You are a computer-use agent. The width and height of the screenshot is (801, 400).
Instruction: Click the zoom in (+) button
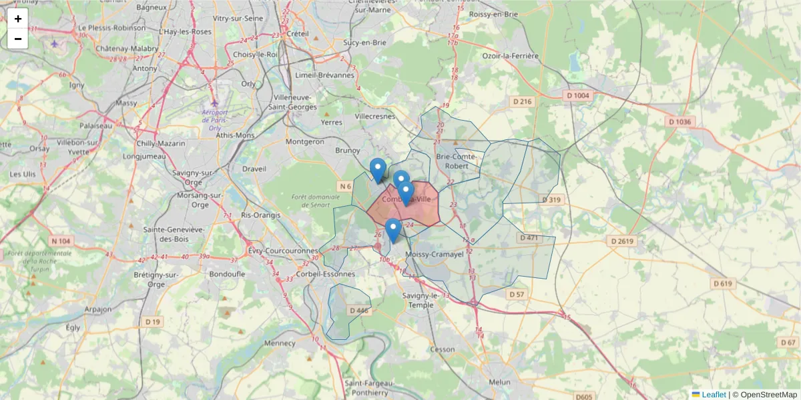pos(17,19)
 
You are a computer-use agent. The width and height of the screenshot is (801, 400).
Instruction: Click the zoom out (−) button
pos(17,39)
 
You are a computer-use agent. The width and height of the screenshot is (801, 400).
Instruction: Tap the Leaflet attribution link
pos(713,395)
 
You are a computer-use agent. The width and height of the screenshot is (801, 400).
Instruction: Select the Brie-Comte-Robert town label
pos(457,161)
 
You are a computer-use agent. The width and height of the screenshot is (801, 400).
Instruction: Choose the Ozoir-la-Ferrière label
pos(510,56)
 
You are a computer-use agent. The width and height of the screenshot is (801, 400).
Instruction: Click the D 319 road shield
pos(551,200)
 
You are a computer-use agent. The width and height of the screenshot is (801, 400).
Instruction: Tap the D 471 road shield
pos(529,237)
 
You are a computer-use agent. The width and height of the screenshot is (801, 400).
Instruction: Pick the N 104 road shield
pos(60,241)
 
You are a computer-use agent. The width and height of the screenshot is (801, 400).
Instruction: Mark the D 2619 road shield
pos(621,241)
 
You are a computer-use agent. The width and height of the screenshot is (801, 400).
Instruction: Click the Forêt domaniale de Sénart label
pos(311,201)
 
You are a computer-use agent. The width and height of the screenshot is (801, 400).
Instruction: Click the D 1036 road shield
pos(680,122)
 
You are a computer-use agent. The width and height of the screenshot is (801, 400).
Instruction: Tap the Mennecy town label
pos(280,343)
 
